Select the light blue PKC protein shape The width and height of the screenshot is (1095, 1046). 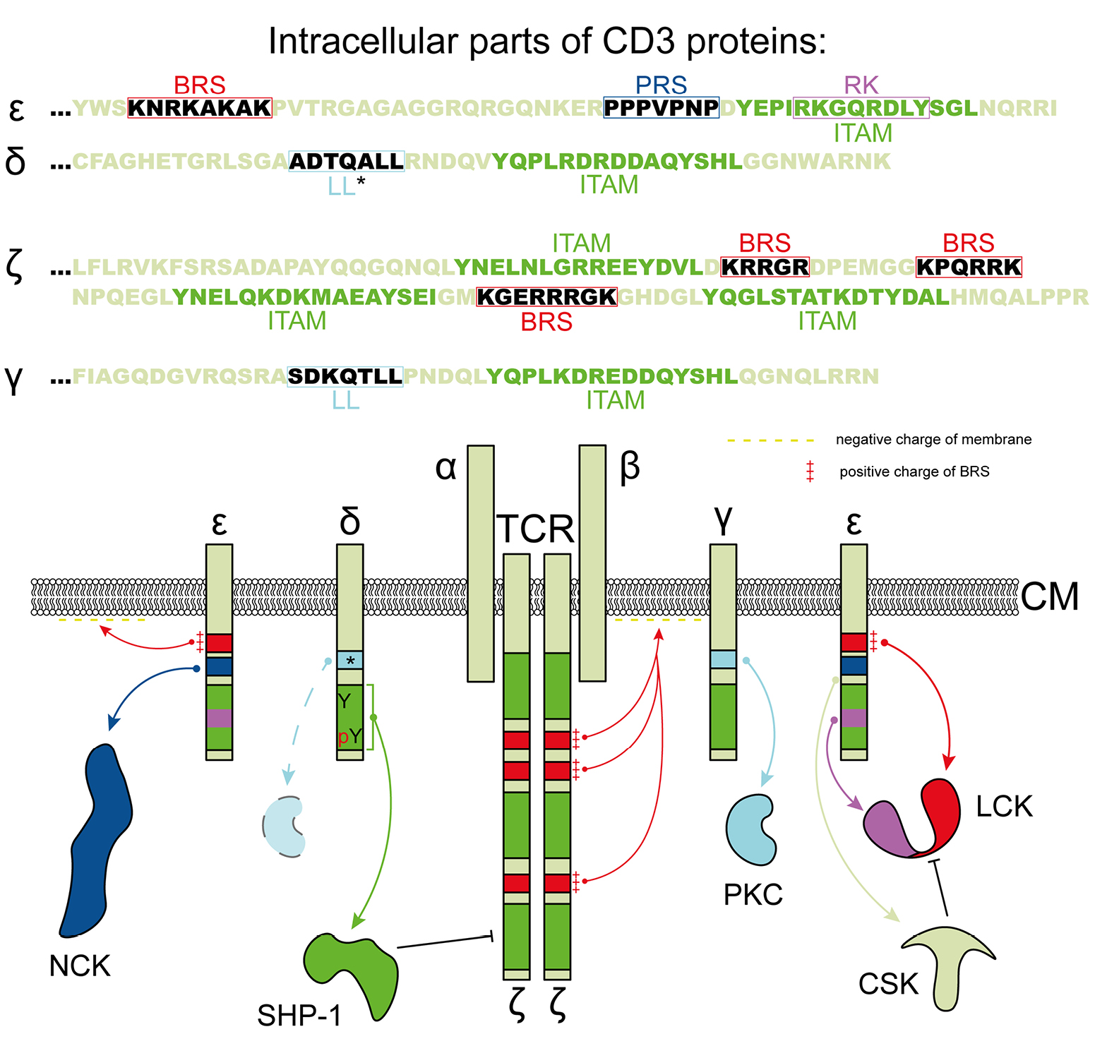750,830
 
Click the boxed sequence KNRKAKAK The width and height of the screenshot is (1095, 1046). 200,108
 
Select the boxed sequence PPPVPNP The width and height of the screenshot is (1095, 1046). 662,108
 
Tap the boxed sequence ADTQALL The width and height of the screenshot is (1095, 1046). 347,162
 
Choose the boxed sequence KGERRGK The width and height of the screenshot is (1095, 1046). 547,297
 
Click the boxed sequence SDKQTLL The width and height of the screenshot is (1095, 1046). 345,377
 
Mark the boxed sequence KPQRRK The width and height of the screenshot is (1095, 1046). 969,267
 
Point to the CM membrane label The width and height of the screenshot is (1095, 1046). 1050,597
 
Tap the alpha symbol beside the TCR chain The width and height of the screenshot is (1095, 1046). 446,467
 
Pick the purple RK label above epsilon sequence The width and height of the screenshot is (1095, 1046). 861,85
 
